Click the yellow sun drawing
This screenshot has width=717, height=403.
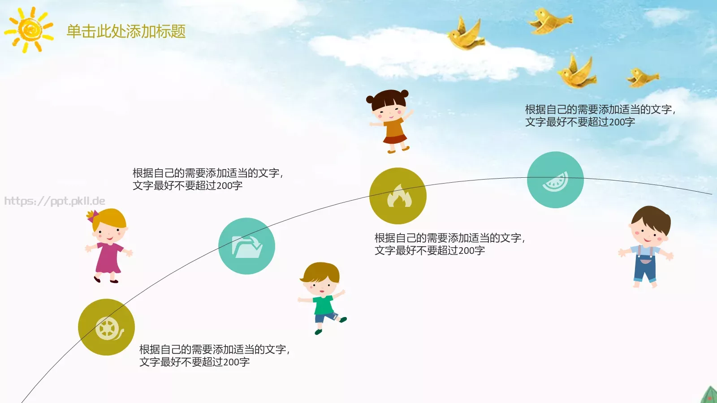(x=30, y=30)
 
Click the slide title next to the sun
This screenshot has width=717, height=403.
(x=126, y=31)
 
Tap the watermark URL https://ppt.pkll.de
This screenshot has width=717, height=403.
(x=55, y=201)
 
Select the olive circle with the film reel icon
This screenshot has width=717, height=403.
(x=106, y=327)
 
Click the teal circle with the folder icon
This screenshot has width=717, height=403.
(x=246, y=246)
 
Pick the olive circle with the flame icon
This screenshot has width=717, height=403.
(x=397, y=196)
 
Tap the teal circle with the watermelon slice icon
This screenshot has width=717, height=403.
(x=555, y=180)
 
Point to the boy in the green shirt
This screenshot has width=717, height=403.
(x=322, y=297)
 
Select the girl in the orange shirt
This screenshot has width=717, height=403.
(x=390, y=121)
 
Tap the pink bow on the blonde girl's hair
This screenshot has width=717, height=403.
(x=92, y=216)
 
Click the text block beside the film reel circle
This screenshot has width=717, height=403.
(x=214, y=356)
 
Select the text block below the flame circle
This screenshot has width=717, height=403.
(x=449, y=244)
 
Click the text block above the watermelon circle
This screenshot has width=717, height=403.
(x=600, y=116)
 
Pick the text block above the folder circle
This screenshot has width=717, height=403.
(x=207, y=179)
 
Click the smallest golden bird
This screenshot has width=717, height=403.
(x=643, y=77)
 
